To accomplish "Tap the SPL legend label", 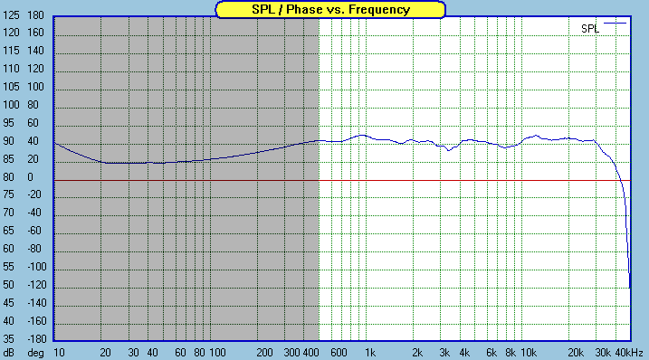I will tap(589, 29).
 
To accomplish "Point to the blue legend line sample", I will tap(616, 24).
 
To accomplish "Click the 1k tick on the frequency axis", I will tap(369, 352).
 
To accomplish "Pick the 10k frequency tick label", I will tap(529, 352).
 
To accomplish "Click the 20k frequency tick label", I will tap(575, 352).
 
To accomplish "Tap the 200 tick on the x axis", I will tap(264, 352).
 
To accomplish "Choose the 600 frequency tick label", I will tap(339, 352).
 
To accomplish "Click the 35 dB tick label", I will tap(12, 339).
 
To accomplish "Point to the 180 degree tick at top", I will tap(36, 16).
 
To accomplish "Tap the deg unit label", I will tap(36, 352).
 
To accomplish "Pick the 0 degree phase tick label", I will tap(30, 177).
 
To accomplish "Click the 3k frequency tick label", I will tap(444, 352).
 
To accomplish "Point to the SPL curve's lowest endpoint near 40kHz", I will tap(630, 287).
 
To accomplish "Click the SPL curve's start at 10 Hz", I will tap(56, 143).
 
